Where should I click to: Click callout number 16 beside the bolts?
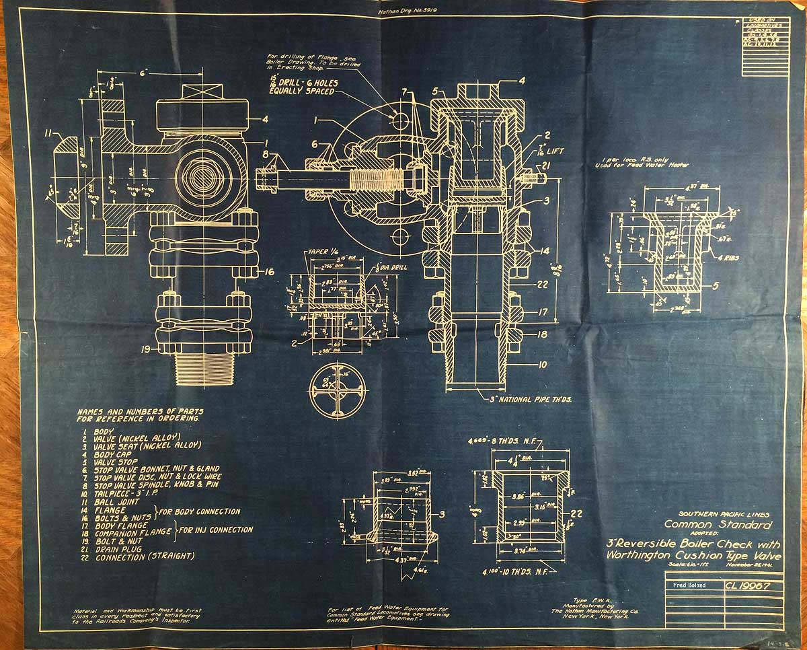268,273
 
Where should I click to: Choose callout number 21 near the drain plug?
546,165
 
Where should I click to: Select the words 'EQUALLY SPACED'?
301,91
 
